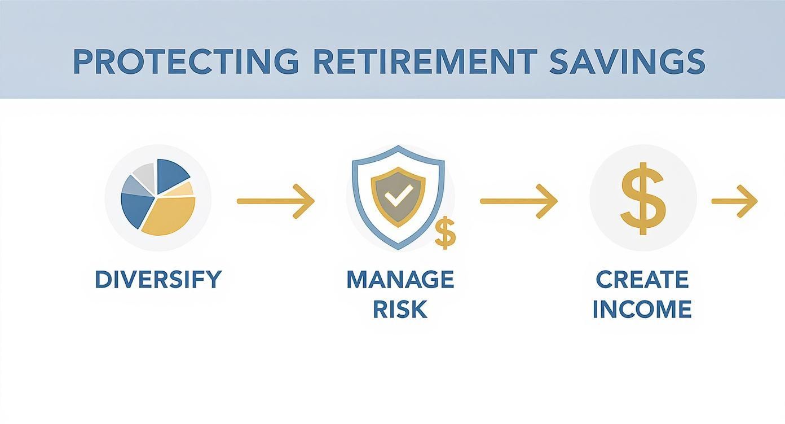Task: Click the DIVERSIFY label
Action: click(x=158, y=280)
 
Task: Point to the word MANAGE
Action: click(x=400, y=280)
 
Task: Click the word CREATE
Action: click(x=642, y=280)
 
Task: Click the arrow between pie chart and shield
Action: click(x=275, y=201)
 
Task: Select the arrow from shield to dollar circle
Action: click(x=518, y=201)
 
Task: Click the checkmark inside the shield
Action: click(x=398, y=197)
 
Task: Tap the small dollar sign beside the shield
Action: click(x=446, y=234)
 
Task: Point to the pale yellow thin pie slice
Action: click(x=184, y=189)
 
